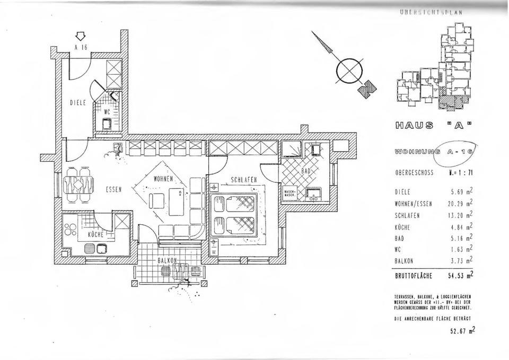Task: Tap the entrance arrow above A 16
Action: pos(80,36)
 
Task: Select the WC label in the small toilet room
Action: pos(106,112)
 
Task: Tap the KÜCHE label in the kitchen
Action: pos(94,233)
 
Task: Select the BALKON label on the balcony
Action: pos(168,261)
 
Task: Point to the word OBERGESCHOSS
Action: pos(415,172)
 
